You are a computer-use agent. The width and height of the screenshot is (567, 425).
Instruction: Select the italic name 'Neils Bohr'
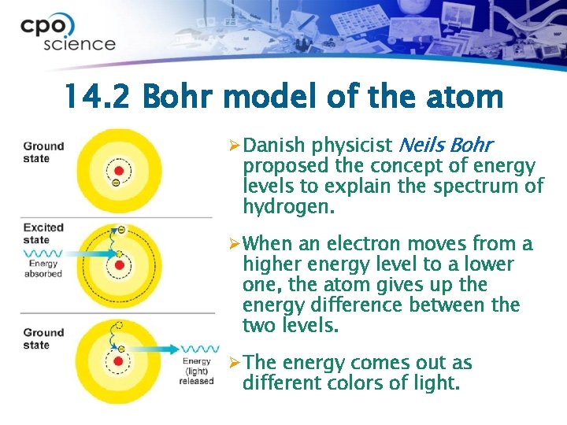446,146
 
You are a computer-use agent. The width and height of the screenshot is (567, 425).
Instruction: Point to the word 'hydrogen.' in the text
288,208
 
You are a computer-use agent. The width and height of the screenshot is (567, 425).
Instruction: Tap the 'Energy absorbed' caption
43,269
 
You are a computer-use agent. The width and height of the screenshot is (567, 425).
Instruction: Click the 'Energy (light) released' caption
197,371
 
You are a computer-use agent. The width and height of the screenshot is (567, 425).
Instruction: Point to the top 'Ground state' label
43,152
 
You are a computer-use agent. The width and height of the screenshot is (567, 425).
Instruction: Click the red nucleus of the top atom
119,171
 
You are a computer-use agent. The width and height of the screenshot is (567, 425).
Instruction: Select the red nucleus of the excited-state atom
119,265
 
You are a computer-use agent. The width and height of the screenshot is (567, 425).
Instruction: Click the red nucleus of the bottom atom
119,361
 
